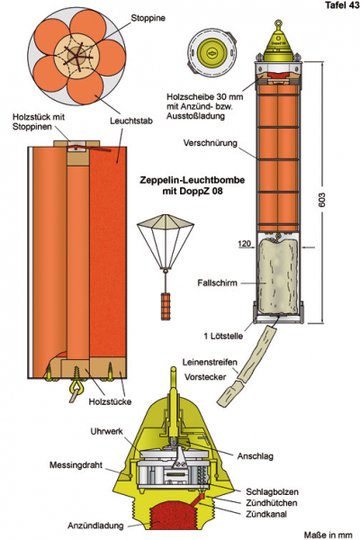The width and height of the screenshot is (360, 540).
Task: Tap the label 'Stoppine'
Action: (x=148, y=18)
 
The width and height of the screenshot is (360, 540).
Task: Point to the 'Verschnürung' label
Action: (x=210, y=143)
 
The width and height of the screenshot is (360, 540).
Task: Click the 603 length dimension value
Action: (x=322, y=200)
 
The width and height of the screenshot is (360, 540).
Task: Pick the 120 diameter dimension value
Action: (x=244, y=244)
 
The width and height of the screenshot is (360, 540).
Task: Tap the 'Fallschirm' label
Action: (x=218, y=283)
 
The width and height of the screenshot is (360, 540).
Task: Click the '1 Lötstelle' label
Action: (x=223, y=336)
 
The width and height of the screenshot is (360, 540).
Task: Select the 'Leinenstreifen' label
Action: (x=210, y=363)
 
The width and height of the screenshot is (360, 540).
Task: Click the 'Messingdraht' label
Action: (x=76, y=465)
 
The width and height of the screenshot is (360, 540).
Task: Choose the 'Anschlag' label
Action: (x=256, y=456)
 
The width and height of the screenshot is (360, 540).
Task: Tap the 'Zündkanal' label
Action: (x=266, y=514)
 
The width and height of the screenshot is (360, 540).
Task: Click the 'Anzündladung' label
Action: (x=95, y=526)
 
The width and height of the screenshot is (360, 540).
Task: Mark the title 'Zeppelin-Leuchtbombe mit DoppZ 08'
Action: (x=193, y=185)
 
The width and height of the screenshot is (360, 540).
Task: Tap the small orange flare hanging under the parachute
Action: (x=166, y=305)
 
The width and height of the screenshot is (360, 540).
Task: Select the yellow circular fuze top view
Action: (x=211, y=53)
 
